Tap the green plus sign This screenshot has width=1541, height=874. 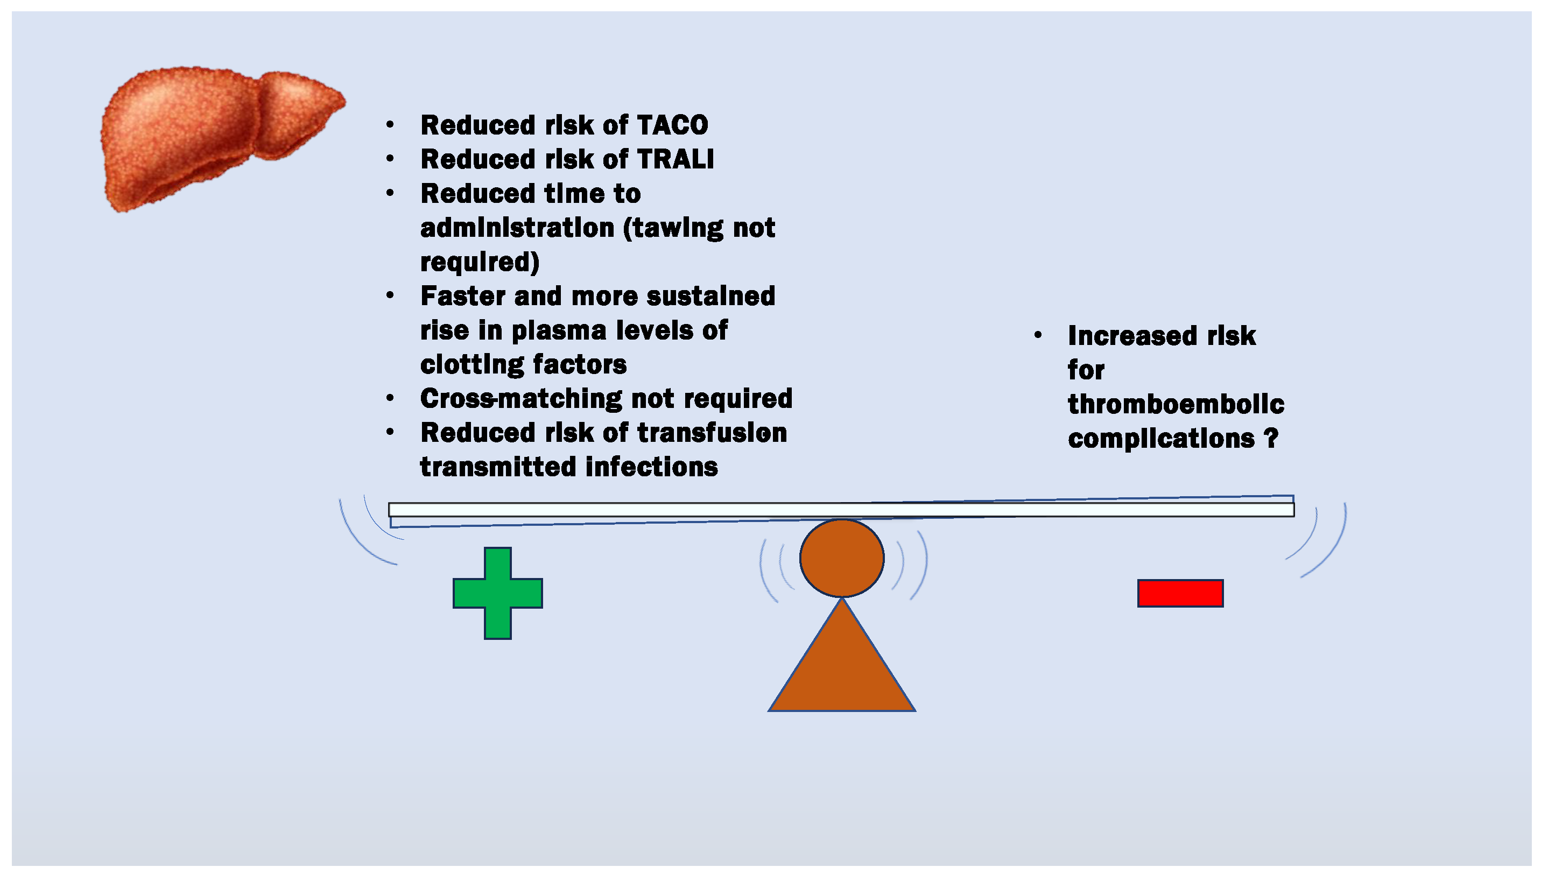[498, 593]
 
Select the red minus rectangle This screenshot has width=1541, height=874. [1180, 593]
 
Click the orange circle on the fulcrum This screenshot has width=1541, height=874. [842, 558]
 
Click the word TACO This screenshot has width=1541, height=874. [672, 125]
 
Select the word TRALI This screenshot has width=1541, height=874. [675, 159]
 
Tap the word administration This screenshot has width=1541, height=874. [517, 228]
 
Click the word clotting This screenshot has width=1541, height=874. [472, 365]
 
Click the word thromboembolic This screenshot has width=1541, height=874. [1176, 404]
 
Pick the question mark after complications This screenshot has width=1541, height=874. [1271, 438]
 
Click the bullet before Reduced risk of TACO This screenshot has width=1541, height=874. [390, 125]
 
